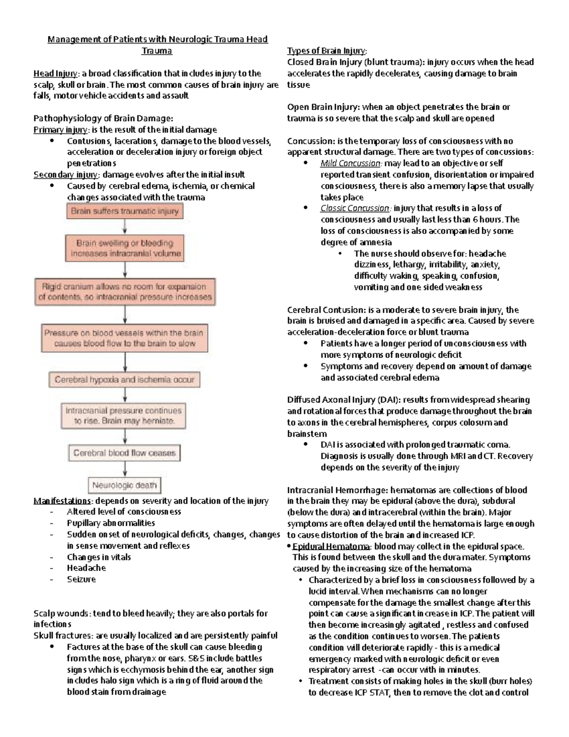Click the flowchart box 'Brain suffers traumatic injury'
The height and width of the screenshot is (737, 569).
124,211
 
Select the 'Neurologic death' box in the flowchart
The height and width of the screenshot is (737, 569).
124,485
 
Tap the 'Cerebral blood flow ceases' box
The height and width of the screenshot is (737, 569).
124,453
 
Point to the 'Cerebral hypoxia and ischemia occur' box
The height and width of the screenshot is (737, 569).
124,380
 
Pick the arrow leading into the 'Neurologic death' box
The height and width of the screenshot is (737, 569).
125,469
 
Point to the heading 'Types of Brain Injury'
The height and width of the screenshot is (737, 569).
327,51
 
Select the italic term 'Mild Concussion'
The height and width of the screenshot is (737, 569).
350,163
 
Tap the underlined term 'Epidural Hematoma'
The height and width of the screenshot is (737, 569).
332,546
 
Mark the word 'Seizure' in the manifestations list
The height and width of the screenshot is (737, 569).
81,579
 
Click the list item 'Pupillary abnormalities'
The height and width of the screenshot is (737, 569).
111,523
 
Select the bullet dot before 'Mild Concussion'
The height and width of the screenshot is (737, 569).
305,163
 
